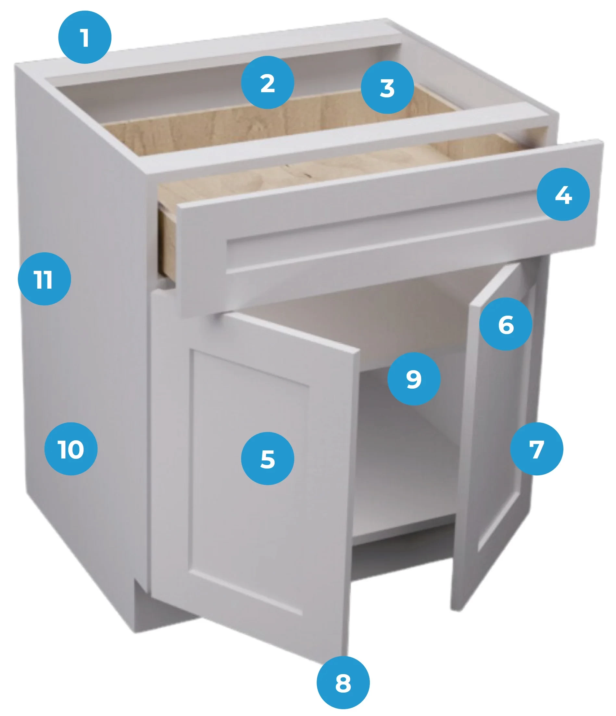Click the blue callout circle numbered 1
85,37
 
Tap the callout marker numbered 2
267,82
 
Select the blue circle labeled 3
387,87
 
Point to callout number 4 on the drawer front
563,195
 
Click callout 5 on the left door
267,458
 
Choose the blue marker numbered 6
506,324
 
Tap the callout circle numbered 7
536,449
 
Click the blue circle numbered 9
414,379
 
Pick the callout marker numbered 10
71,449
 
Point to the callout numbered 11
44,279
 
